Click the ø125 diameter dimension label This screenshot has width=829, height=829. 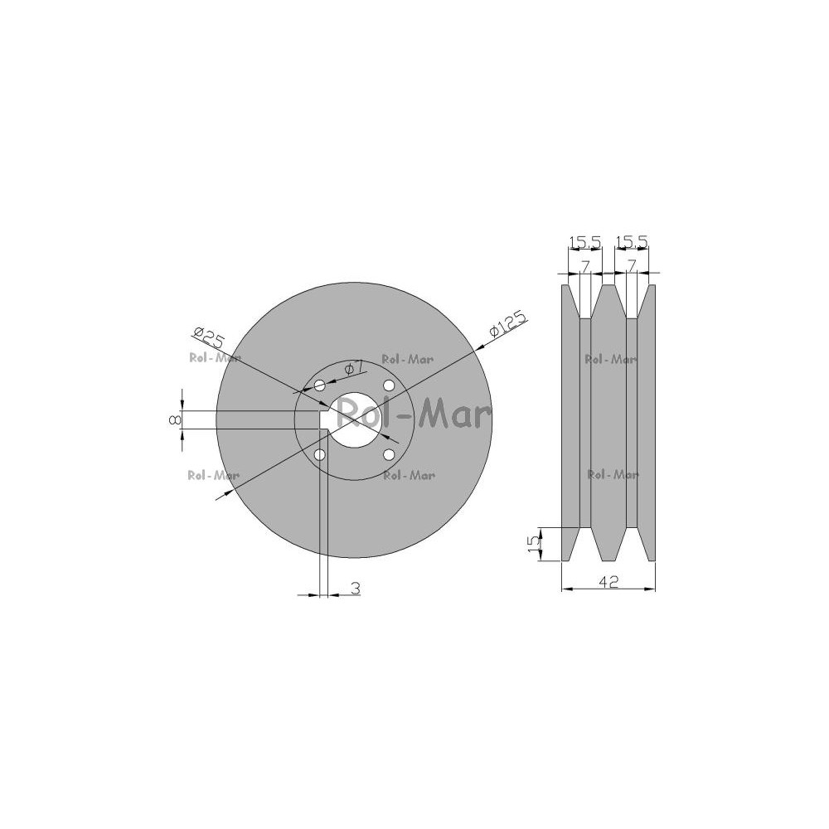pyautogui.click(x=508, y=323)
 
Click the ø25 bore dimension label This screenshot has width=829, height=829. pyautogui.click(x=210, y=337)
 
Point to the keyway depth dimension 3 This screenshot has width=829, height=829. pyautogui.click(x=356, y=588)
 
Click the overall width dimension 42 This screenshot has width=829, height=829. pyautogui.click(x=608, y=582)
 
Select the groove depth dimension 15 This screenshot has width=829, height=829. pyautogui.click(x=534, y=544)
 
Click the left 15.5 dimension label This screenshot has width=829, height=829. pyautogui.click(x=584, y=242)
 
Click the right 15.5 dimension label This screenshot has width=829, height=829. pyautogui.click(x=631, y=242)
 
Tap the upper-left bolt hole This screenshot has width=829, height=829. pyautogui.click(x=320, y=385)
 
